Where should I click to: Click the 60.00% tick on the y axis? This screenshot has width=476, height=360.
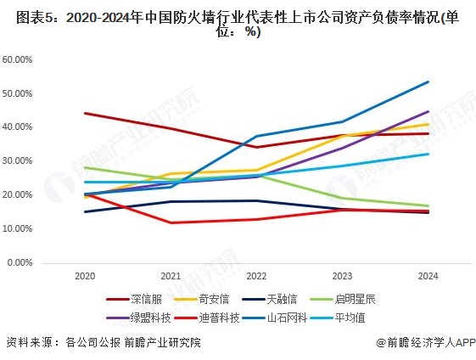click(x=19, y=59)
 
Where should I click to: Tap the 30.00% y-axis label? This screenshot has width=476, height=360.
click(x=19, y=160)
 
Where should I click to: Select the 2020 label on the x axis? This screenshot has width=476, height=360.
click(x=84, y=277)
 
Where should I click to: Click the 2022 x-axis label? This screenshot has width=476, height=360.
click(x=256, y=277)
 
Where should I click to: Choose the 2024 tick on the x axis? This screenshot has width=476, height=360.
click(x=428, y=277)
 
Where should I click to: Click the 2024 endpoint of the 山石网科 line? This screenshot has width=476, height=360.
click(x=428, y=82)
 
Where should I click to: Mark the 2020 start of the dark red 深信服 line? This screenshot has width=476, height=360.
click(x=84, y=113)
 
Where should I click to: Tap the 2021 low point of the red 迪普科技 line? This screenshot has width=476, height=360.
click(x=171, y=222)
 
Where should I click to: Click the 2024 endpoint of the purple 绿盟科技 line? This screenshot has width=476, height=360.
click(x=428, y=111)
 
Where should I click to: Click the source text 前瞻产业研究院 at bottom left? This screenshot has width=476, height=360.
click(x=161, y=342)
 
